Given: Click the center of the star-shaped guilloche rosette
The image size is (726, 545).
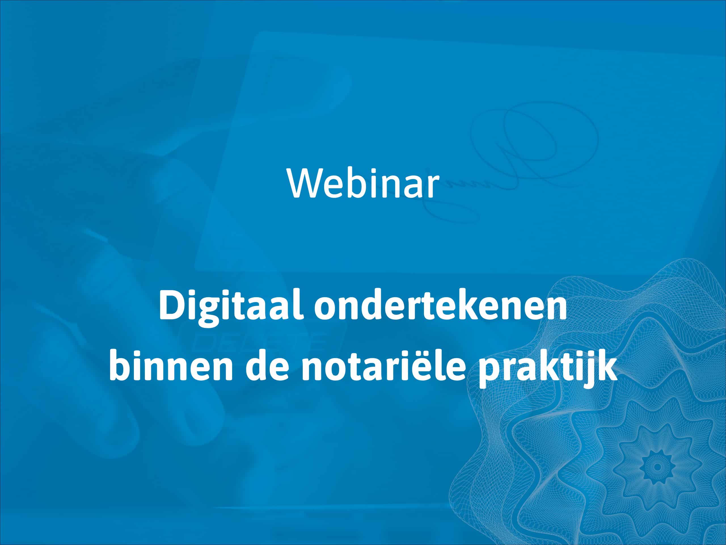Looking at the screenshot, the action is pos(657,466).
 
